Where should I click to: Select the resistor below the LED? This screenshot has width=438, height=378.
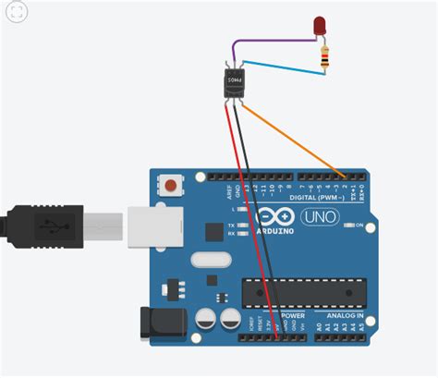pos(324,58)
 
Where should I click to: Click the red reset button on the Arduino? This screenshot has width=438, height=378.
pos(171,186)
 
